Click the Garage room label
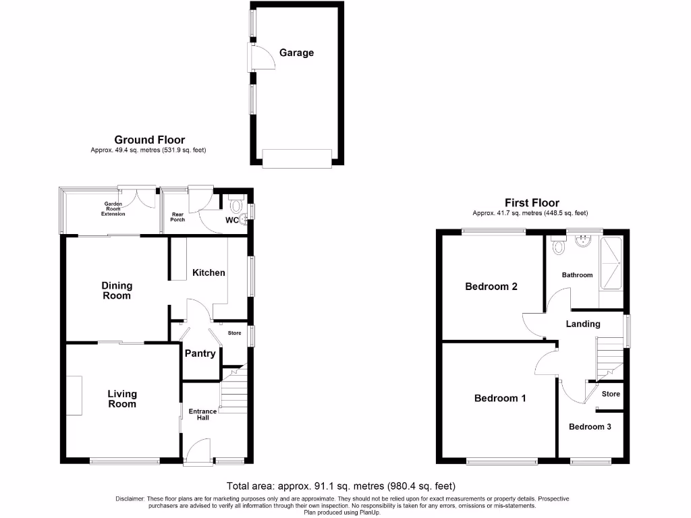point(297,53)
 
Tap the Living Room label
point(122,399)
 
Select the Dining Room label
point(117,291)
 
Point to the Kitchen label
point(209,272)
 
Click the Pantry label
point(200,353)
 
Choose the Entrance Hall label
point(202,414)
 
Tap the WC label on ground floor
point(231,220)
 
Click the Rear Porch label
point(177,216)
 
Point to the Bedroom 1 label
point(500,398)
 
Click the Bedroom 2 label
point(491,286)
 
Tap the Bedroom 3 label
point(590,426)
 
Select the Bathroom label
point(577,275)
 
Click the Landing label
point(583,324)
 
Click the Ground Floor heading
point(149,140)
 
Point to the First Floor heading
point(532,202)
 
